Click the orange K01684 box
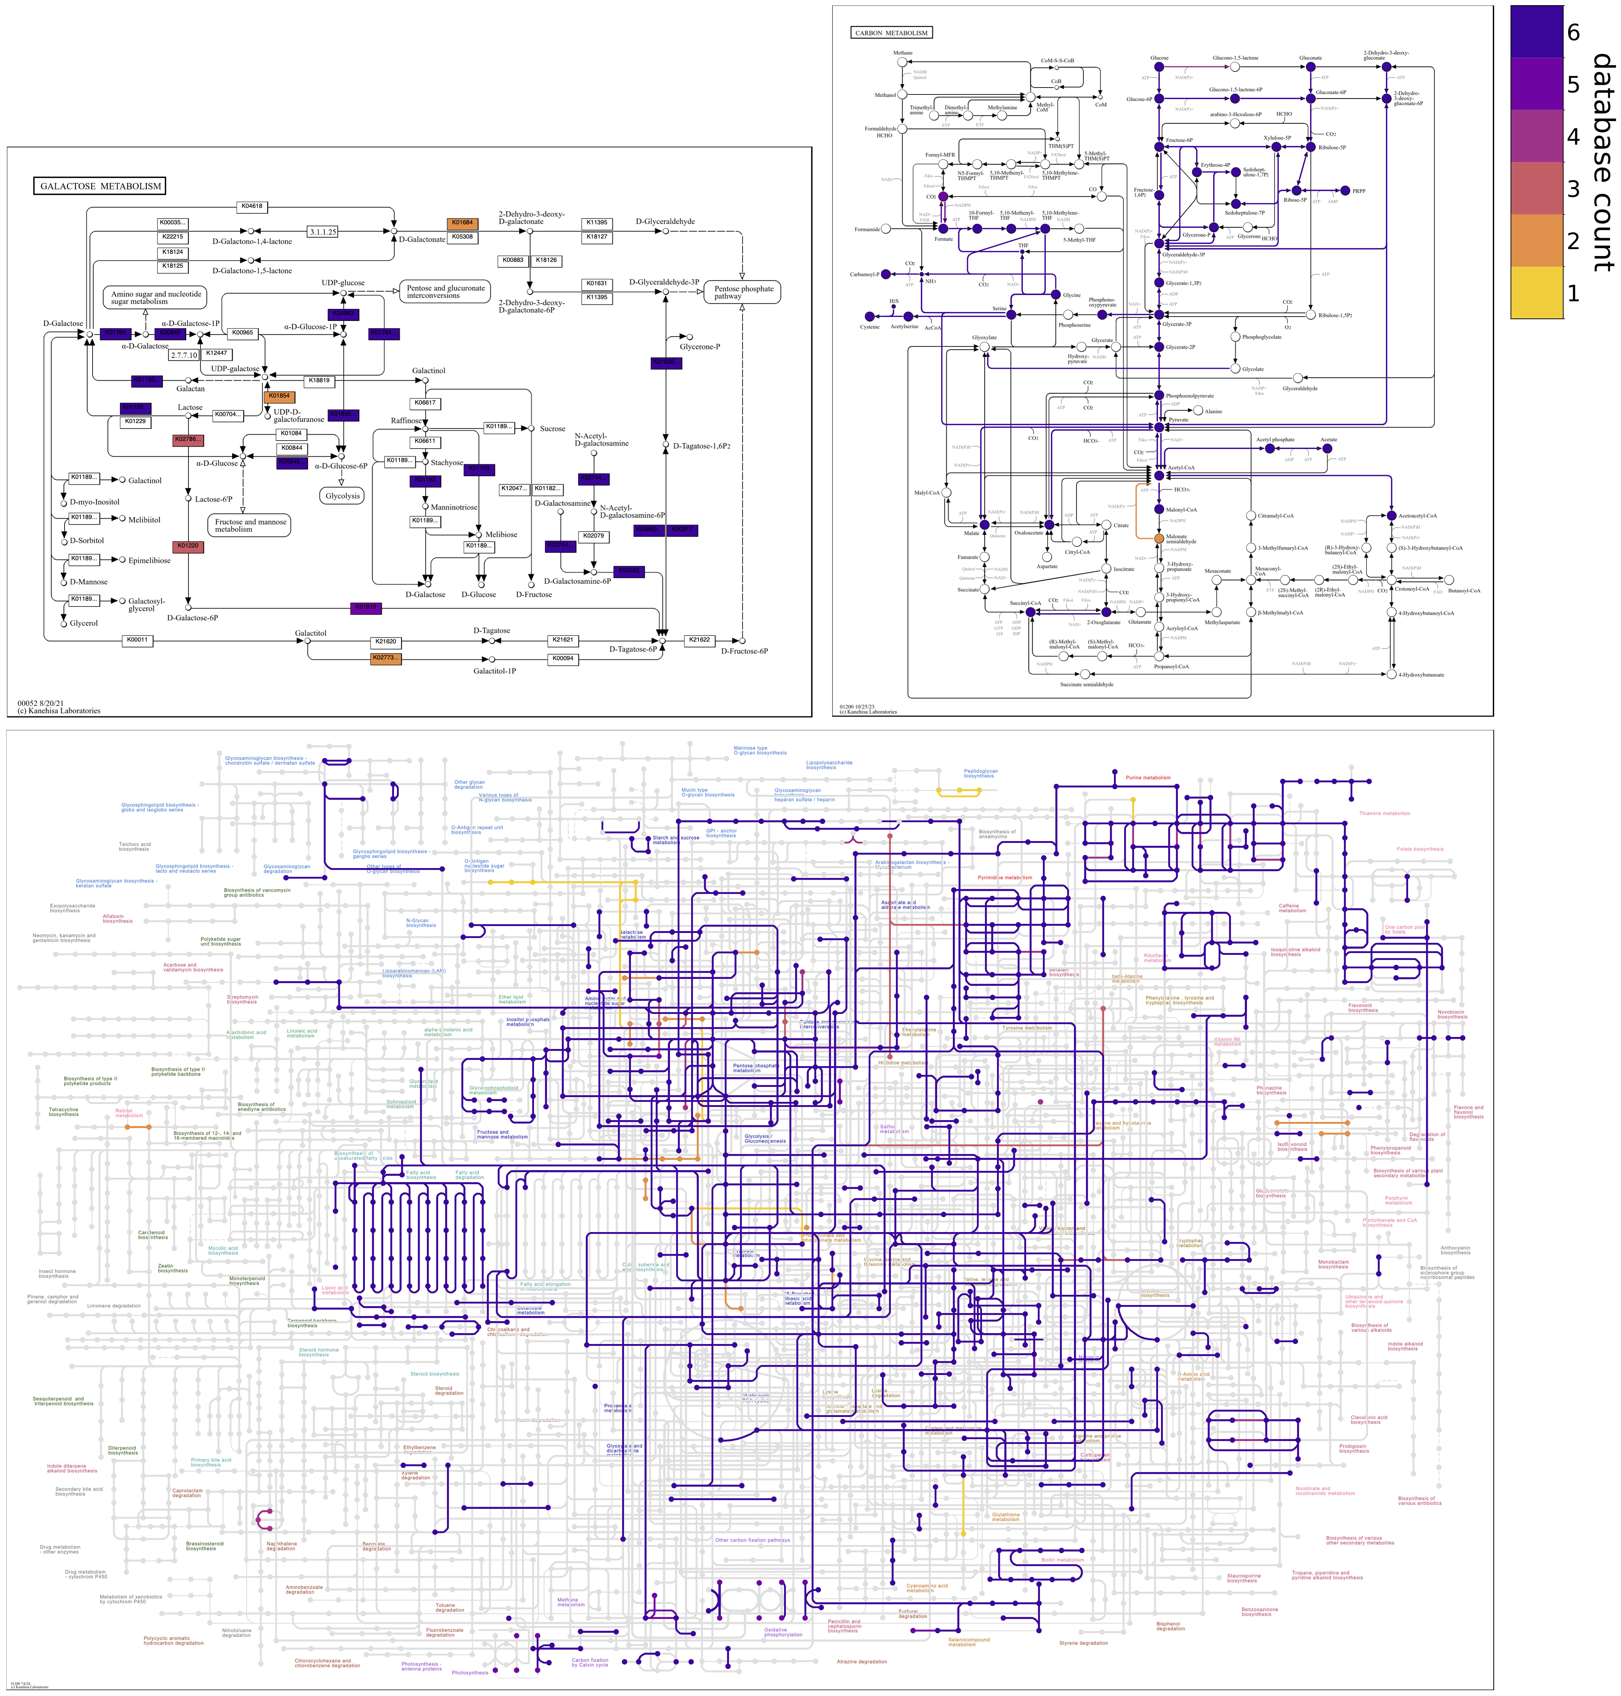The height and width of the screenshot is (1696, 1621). (462, 223)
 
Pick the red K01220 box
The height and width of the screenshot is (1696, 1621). (187, 546)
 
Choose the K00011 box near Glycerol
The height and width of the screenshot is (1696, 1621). (137, 640)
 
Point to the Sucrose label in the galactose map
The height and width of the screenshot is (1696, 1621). (552, 429)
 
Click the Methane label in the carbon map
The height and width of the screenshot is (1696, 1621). (902, 53)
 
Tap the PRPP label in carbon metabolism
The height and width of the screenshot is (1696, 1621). (1359, 191)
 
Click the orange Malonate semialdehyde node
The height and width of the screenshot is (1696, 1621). (1159, 538)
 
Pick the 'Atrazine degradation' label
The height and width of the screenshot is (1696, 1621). (861, 1661)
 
